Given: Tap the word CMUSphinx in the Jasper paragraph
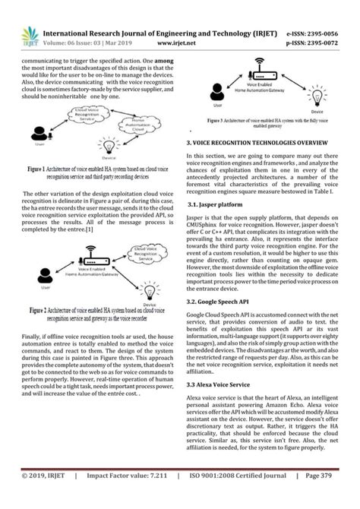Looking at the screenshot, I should pos(207,225).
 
